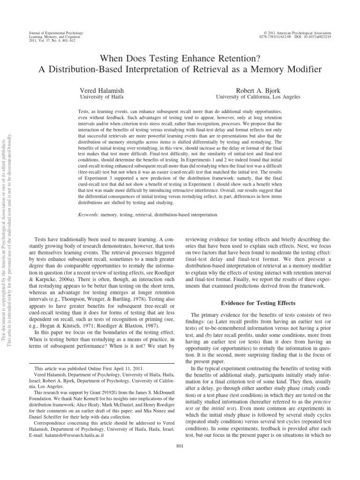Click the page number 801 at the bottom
180,445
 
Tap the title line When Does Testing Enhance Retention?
180,58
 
